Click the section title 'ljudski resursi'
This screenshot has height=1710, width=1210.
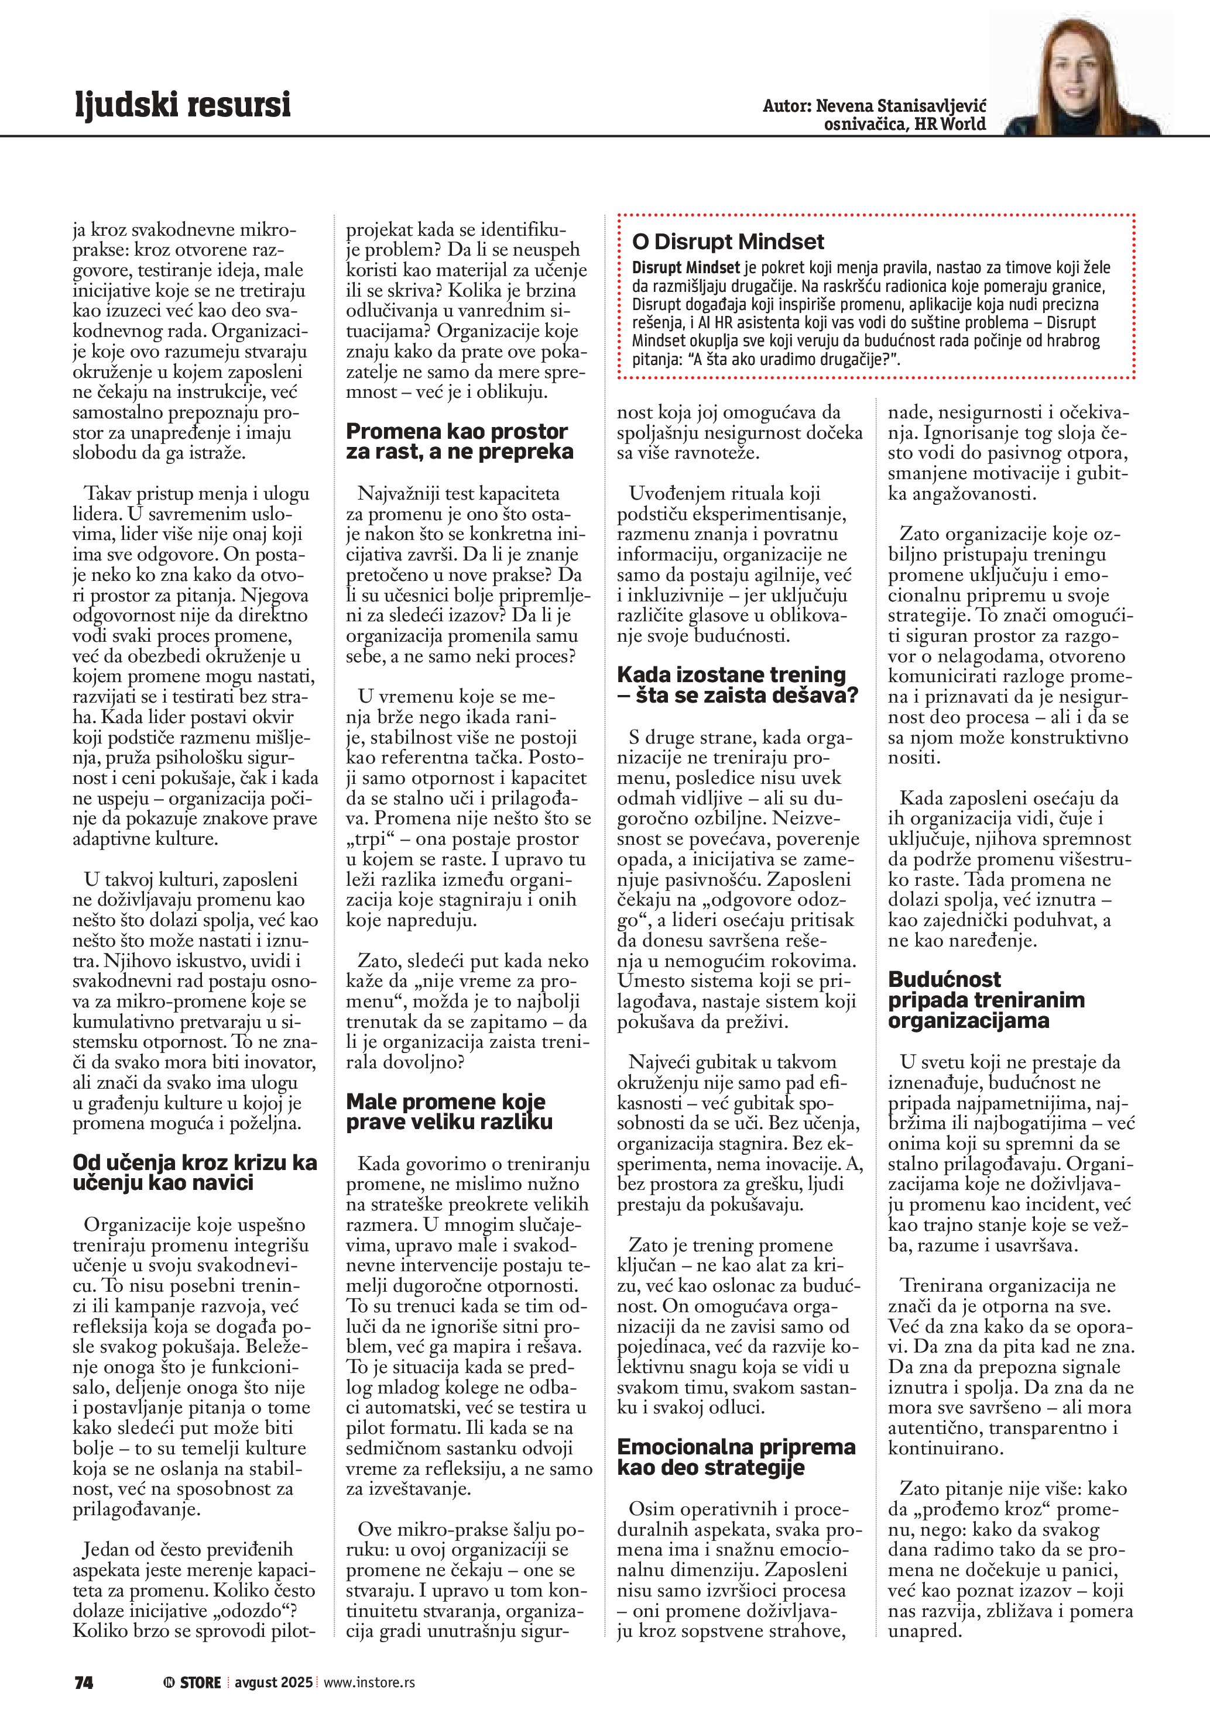(183, 104)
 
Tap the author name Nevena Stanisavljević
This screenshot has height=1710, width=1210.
(901, 105)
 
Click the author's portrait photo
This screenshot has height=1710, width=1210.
(1081, 74)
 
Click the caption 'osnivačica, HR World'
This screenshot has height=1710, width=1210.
(904, 125)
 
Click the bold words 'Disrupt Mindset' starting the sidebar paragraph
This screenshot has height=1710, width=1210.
(685, 267)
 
